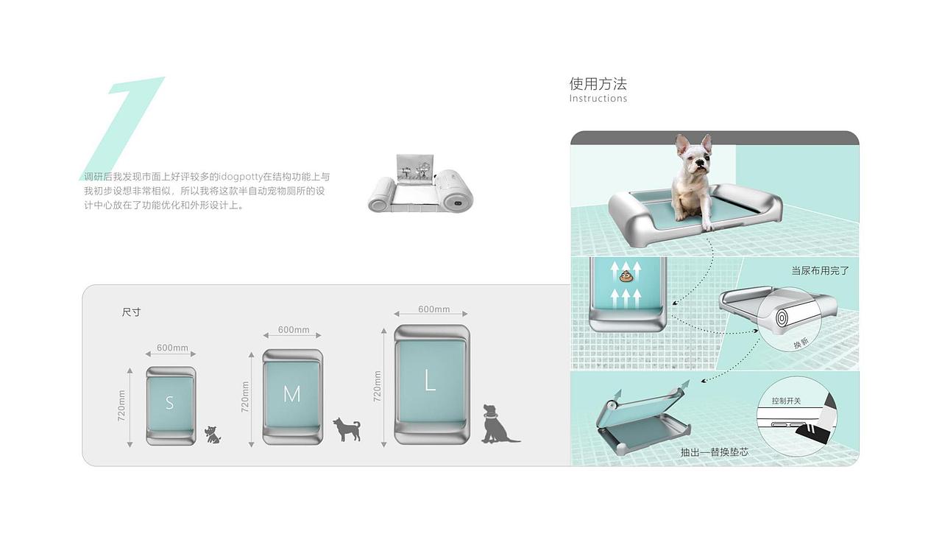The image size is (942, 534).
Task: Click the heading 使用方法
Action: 598,84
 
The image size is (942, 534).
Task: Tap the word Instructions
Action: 598,99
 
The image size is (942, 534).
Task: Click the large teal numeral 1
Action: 125,125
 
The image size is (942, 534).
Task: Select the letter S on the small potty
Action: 170,403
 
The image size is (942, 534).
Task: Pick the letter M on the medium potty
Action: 291,395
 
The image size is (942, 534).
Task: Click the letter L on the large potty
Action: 430,381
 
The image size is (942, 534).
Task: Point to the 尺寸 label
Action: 131,312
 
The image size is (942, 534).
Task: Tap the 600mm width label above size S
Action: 172,348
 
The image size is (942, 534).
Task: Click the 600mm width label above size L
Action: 433,309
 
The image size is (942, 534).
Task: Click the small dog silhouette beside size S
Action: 213,435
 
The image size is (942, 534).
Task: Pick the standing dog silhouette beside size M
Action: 347,429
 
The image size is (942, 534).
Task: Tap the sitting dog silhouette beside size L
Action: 498,424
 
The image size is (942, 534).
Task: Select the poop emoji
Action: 626,276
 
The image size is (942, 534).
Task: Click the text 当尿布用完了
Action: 820,271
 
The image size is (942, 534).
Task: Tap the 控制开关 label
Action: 786,401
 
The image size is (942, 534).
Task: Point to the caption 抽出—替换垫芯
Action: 714,452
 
